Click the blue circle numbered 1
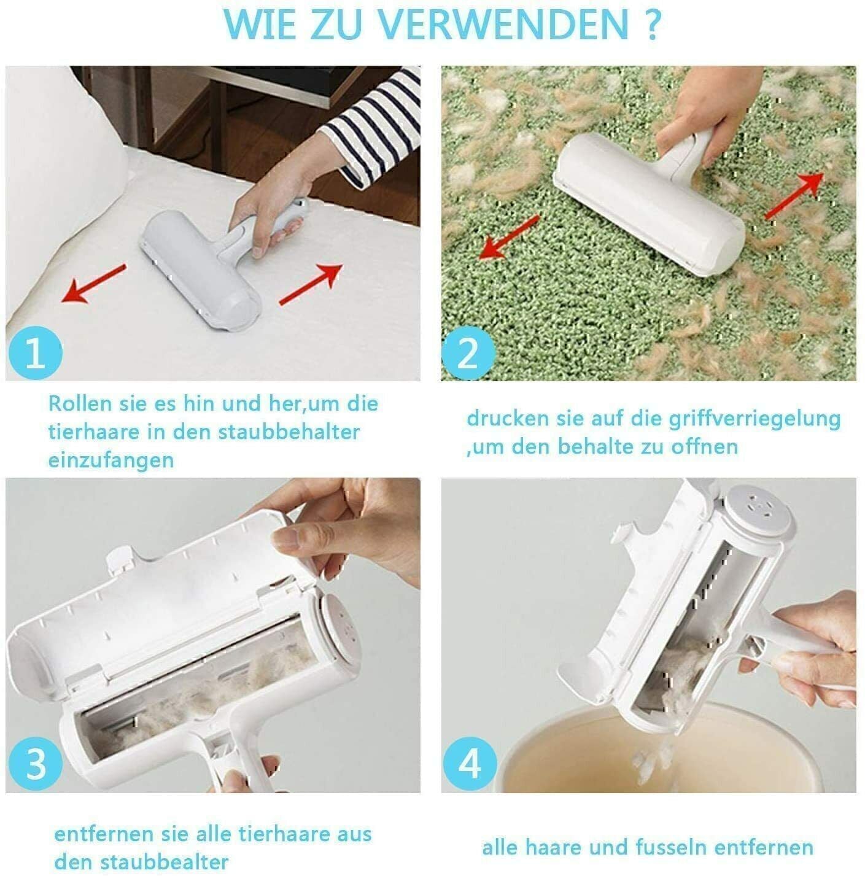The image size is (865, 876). pyautogui.click(x=35, y=354)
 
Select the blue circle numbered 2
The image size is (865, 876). pyautogui.click(x=468, y=354)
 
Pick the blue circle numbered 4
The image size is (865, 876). pyautogui.click(x=470, y=766)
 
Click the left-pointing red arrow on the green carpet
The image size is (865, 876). pyautogui.click(x=509, y=237)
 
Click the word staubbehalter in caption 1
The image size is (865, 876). pyautogui.click(x=289, y=432)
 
